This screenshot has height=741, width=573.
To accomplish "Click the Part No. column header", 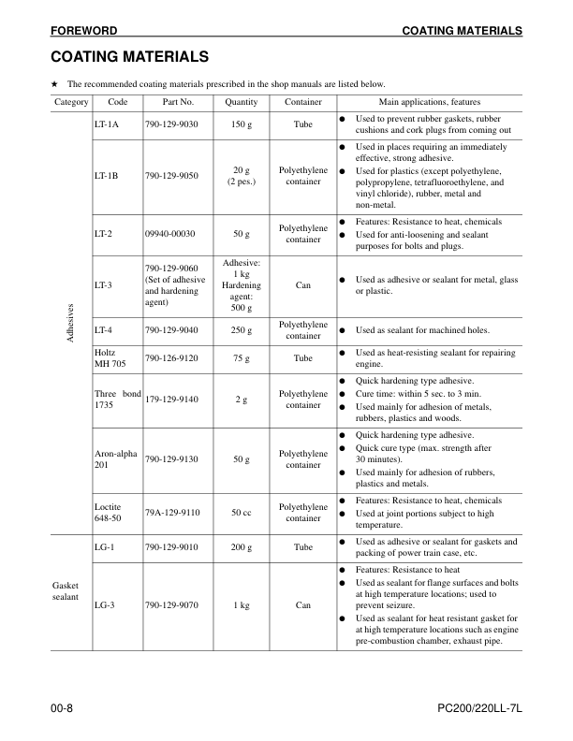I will pos(178,101).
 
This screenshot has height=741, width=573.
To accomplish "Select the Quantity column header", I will pos(242,101).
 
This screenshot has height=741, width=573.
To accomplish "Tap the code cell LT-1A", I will pos(106,123).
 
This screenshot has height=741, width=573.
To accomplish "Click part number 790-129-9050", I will pos(171,175).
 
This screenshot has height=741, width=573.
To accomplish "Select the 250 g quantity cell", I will pos(242,329).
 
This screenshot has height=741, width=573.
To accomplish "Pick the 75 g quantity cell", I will pos(242,357).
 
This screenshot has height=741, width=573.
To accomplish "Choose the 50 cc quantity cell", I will pos(242,512).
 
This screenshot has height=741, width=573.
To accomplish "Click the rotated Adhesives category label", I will pos(71,323).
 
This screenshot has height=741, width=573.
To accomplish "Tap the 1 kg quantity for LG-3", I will pos(242,605).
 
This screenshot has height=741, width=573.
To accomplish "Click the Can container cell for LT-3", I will pos(302,284).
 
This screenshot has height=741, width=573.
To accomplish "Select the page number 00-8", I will pos(62,713).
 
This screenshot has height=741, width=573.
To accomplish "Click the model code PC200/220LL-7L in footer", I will pos(478,713).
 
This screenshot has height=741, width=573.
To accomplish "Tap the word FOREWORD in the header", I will pos(84,31).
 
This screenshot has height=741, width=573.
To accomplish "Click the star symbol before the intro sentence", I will pos(55,83).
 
